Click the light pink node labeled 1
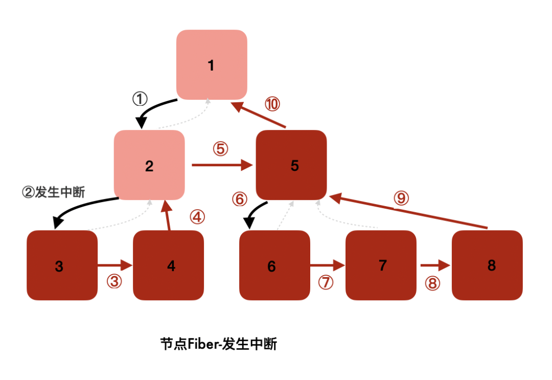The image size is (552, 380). [212, 65]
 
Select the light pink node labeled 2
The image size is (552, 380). [149, 165]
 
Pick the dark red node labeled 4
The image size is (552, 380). [168, 265]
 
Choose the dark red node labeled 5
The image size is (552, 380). [291, 165]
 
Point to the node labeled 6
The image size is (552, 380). [274, 265]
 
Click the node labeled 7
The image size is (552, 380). [381, 265]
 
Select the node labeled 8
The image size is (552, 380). [487, 265]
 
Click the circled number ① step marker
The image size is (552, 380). [140, 99]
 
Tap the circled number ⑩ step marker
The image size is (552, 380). [272, 104]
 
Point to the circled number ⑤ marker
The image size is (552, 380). [221, 149]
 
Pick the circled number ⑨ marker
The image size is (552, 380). [401, 198]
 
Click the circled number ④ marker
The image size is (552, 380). [197, 217]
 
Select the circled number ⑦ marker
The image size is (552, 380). [326, 283]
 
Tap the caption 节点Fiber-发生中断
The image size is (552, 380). [218, 344]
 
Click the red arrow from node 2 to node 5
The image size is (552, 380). [223, 165]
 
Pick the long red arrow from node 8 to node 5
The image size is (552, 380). [409, 211]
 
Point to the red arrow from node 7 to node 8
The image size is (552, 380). [435, 265]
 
